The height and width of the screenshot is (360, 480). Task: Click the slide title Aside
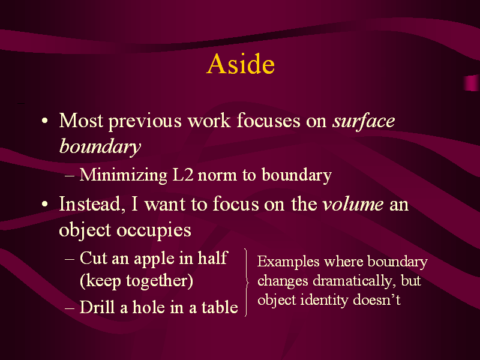click(241, 64)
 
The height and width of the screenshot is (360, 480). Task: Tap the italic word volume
click(353, 203)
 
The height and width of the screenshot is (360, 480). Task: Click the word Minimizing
click(124, 175)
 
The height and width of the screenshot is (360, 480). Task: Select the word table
click(220, 307)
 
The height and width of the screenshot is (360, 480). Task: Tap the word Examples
click(289, 262)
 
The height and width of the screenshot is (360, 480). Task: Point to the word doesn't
click(377, 299)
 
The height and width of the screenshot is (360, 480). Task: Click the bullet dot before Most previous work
click(44, 121)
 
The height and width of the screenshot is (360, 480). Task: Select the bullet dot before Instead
click(44, 204)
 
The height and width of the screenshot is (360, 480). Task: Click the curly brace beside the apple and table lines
click(247, 282)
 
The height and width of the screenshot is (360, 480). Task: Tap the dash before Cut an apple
click(70, 259)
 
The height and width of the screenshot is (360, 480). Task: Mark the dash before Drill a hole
click(70, 307)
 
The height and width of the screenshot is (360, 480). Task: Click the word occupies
click(154, 230)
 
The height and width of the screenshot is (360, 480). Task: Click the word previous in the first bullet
click(145, 121)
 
